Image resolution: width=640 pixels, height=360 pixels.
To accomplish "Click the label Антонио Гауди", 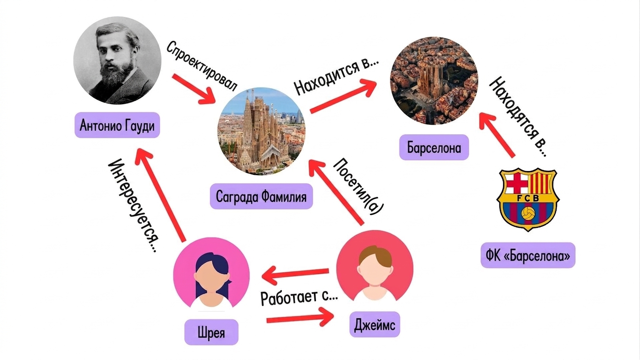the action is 117,125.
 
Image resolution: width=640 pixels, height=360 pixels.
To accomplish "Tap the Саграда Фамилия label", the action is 261,196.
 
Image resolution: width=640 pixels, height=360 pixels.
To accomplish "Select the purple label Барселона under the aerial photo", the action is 434,148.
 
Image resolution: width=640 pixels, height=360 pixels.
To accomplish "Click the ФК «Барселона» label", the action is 528,255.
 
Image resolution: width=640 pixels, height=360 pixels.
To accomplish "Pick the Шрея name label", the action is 211,332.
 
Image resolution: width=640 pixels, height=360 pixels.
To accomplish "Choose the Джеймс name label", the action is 375,324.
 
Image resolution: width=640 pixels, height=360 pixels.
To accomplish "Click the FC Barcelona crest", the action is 528,199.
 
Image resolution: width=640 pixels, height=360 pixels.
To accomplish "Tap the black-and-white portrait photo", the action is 117,60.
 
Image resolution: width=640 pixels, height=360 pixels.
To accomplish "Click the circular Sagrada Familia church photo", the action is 262,131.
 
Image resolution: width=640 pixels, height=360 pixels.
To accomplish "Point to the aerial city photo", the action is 434,81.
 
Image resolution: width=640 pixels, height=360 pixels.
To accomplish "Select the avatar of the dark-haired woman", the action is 211,276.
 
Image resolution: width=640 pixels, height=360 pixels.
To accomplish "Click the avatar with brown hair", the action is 375,269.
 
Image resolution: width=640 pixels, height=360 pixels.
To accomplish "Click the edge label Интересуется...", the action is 133,205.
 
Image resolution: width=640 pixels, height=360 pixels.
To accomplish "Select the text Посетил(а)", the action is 358,186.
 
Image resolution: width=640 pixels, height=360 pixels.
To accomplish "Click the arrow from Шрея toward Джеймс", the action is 300,318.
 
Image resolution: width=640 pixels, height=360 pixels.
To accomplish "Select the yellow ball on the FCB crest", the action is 528,214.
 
